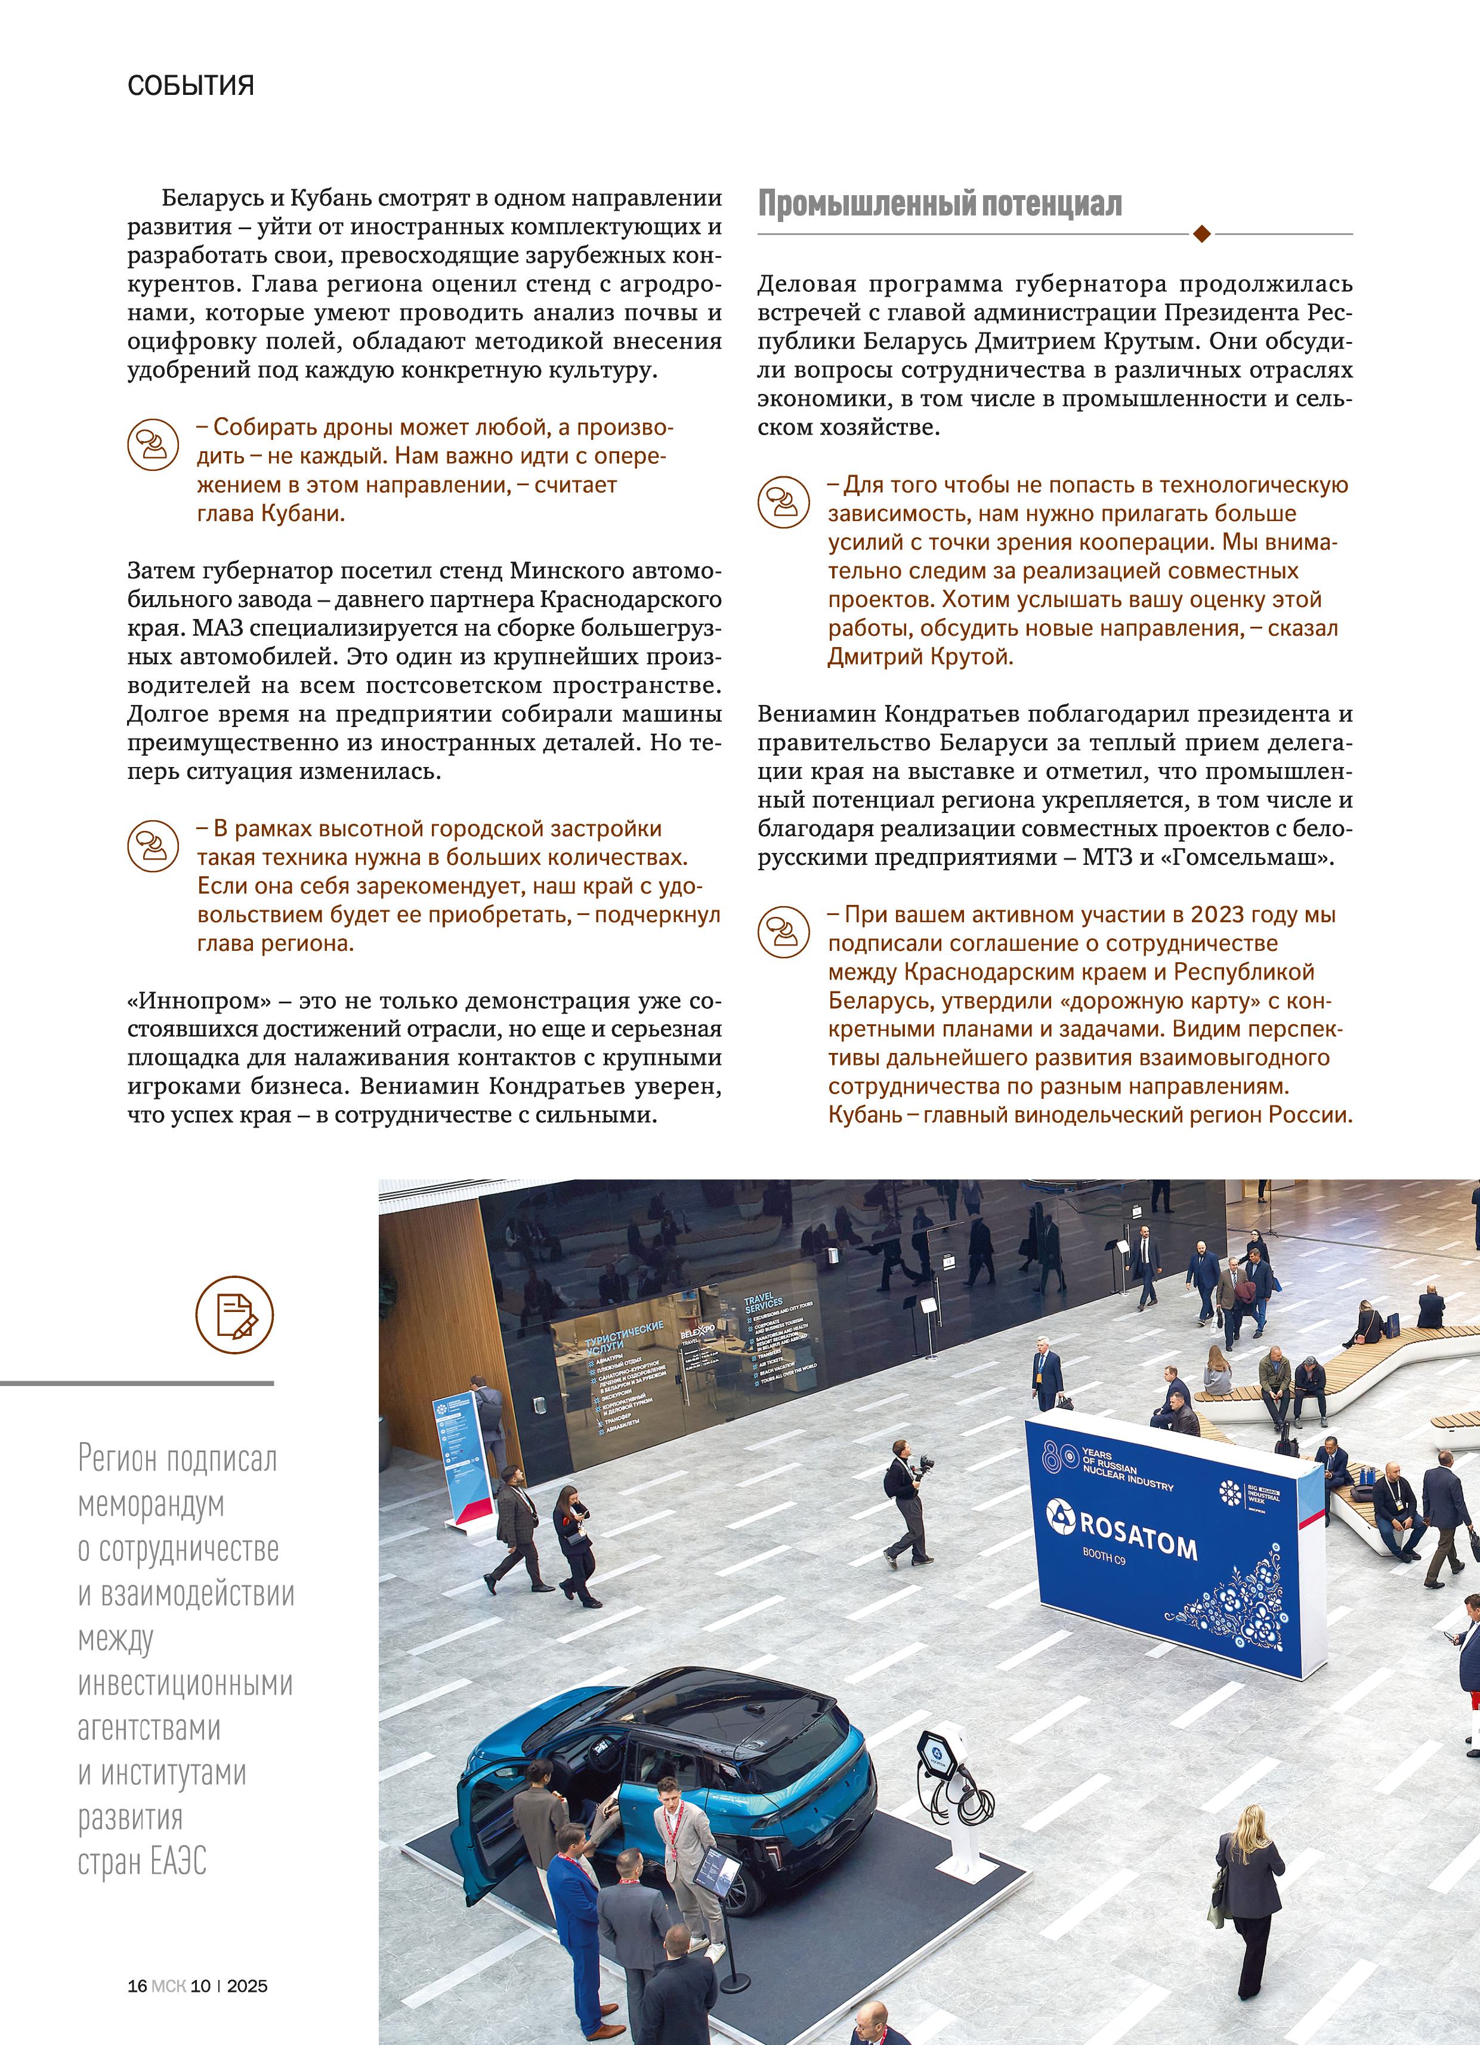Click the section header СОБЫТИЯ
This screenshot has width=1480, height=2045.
coord(190,86)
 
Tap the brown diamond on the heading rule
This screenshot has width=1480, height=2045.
coord(1201,235)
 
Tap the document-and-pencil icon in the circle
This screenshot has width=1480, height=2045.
coord(234,1314)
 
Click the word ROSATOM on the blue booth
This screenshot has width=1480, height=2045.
coord(1138,1538)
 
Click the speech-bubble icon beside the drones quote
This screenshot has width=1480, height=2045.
coord(152,445)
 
